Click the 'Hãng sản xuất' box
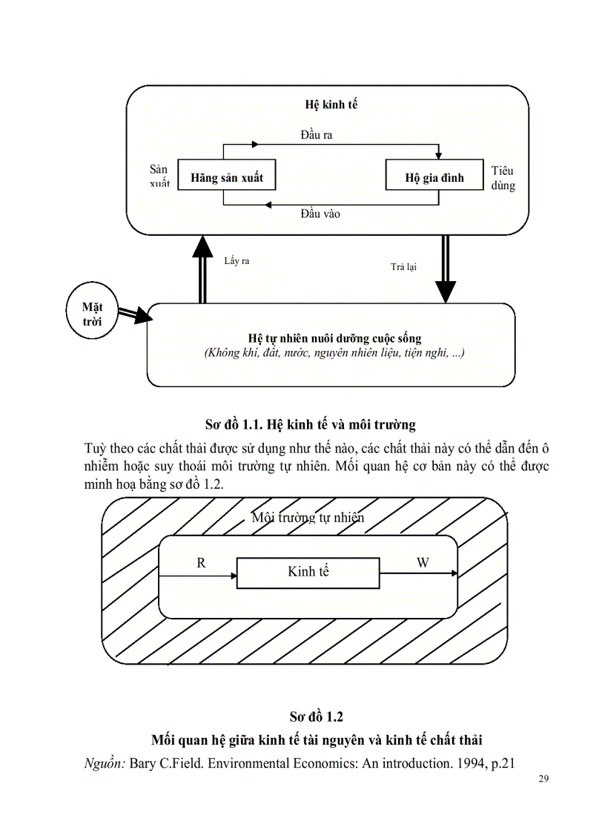pos(226,178)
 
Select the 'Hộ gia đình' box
pos(434,178)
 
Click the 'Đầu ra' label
pos(317,134)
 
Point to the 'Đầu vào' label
pos(320,214)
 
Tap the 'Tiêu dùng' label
pos(502,179)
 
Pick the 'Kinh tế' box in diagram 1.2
pos(308,571)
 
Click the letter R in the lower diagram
pos(200,563)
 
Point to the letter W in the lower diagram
pos(423,563)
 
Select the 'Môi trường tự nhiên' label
pos(308,518)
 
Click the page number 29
pos(540,780)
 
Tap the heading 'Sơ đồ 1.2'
pos(317,717)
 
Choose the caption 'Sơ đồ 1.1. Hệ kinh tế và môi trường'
pos(310,425)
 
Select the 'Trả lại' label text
pos(403,267)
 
